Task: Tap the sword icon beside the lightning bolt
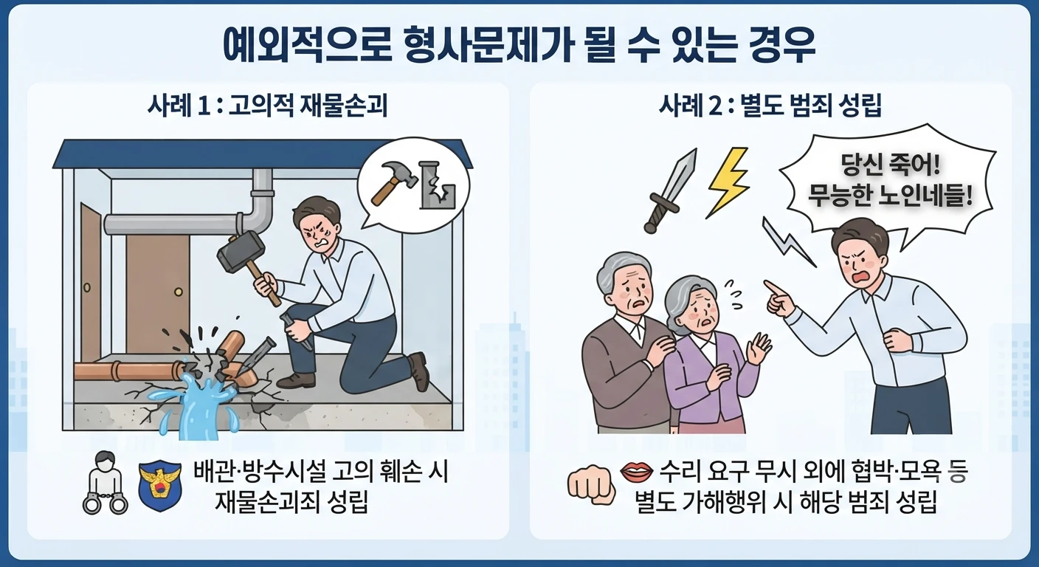click(x=671, y=190)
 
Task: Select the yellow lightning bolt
click(x=728, y=183)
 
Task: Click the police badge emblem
click(x=160, y=485)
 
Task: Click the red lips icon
click(x=636, y=472)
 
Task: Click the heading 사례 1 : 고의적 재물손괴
click(x=268, y=106)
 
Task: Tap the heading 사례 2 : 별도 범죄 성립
click(x=770, y=106)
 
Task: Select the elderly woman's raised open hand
click(x=759, y=348)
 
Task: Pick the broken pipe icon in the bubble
click(x=436, y=184)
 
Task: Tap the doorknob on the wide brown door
click(x=178, y=292)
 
